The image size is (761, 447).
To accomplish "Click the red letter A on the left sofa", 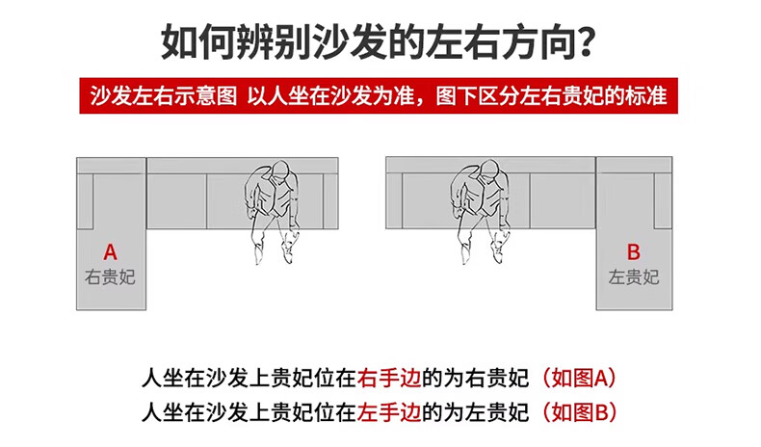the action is pyautogui.click(x=110, y=252).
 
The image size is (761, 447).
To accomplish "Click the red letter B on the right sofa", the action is pyautogui.click(x=633, y=252).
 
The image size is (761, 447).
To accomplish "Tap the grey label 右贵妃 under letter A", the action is pyautogui.click(x=110, y=277).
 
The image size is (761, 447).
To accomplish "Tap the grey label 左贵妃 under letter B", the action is pyautogui.click(x=634, y=277).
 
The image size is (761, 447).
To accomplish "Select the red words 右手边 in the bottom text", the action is pyautogui.click(x=389, y=378).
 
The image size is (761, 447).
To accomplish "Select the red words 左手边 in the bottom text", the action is pyautogui.click(x=389, y=412).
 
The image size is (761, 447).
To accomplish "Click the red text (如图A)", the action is pyautogui.click(x=578, y=378).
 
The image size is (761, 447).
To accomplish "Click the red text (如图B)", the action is pyautogui.click(x=578, y=412).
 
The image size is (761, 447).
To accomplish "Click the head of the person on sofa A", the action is pyautogui.click(x=280, y=171).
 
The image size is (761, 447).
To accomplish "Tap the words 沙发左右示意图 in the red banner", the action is pyautogui.click(x=164, y=95).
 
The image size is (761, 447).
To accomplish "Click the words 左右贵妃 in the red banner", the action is pyautogui.click(x=561, y=95).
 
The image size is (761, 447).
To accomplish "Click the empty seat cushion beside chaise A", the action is pyautogui.click(x=176, y=201).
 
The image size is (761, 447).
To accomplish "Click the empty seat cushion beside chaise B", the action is pyautogui.click(x=563, y=200).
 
